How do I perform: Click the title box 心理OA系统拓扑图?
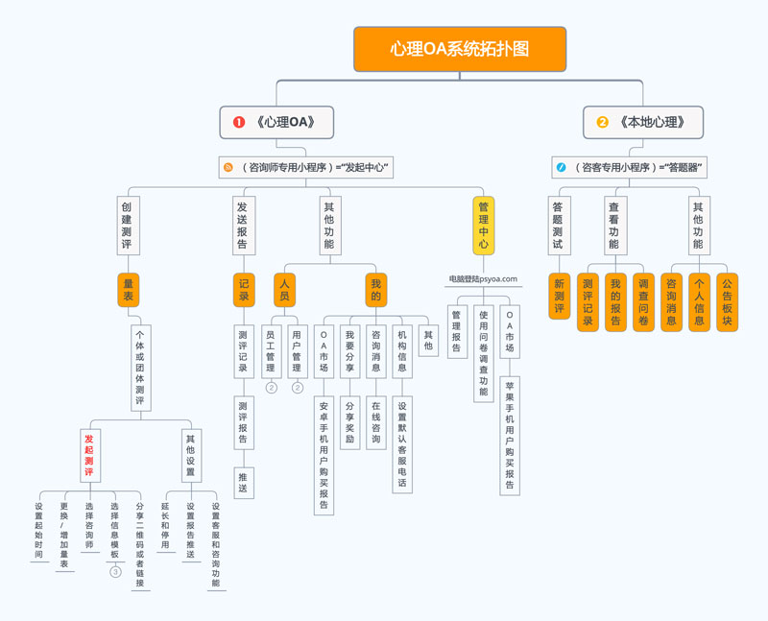click(460, 49)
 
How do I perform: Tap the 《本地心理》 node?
click(643, 122)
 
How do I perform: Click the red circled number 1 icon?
click(239, 122)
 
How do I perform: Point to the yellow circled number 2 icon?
click(603, 122)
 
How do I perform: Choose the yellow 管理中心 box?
click(483, 226)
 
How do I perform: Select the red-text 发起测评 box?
click(88, 454)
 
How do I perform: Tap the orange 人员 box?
click(284, 289)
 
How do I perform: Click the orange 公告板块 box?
click(727, 302)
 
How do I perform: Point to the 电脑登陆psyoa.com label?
click(483, 279)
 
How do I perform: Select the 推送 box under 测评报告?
click(244, 482)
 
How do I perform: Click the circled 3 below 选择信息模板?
click(115, 572)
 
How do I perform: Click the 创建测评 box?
click(127, 226)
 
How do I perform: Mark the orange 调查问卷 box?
click(643, 302)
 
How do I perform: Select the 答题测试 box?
click(559, 226)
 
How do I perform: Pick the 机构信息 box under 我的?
click(402, 352)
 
